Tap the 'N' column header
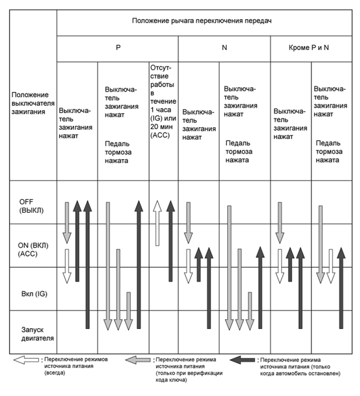tap(224, 47)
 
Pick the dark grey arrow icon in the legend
tap(243, 359)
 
